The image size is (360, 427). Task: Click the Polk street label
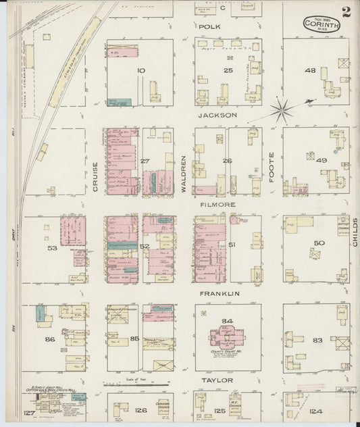click(209, 26)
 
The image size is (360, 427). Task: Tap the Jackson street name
click(217, 116)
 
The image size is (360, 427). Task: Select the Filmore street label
click(216, 203)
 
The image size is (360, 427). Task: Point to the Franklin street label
click(220, 294)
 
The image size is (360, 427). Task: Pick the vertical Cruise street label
click(95, 179)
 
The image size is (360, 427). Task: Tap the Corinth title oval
click(321, 24)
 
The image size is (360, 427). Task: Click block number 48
click(310, 70)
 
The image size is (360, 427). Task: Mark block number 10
click(141, 70)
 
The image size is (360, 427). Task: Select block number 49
click(320, 160)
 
